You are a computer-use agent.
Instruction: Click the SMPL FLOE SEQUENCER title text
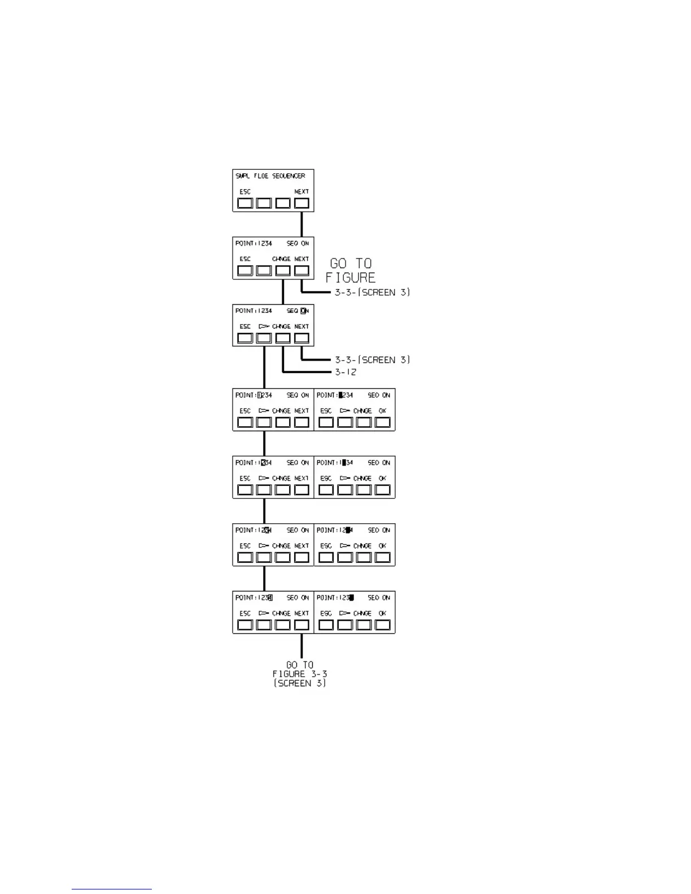coord(270,176)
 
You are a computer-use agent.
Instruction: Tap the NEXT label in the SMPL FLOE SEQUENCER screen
coord(301,192)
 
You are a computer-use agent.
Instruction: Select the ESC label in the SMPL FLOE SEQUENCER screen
coord(245,192)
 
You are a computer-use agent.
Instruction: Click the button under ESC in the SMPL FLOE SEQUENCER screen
coord(245,203)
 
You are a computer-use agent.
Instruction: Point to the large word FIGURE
coord(351,278)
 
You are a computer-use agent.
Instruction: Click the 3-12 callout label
coord(345,372)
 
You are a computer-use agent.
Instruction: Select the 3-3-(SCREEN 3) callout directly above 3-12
coord(373,360)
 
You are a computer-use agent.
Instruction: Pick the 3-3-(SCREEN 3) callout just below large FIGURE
coord(373,292)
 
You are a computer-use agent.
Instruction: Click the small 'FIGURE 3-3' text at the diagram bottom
coord(300,674)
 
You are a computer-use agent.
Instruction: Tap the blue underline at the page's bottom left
coord(112,889)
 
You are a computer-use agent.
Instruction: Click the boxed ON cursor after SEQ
coord(304,311)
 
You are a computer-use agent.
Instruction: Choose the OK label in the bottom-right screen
coord(383,613)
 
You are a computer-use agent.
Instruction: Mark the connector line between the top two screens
coord(301,224)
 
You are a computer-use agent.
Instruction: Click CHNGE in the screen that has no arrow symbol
coord(281,259)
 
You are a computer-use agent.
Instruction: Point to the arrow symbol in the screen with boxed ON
coord(264,326)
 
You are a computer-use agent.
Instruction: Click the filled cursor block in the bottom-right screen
coord(351,598)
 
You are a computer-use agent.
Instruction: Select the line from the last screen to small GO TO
coord(301,646)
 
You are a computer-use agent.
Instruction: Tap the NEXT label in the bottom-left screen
coord(301,613)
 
